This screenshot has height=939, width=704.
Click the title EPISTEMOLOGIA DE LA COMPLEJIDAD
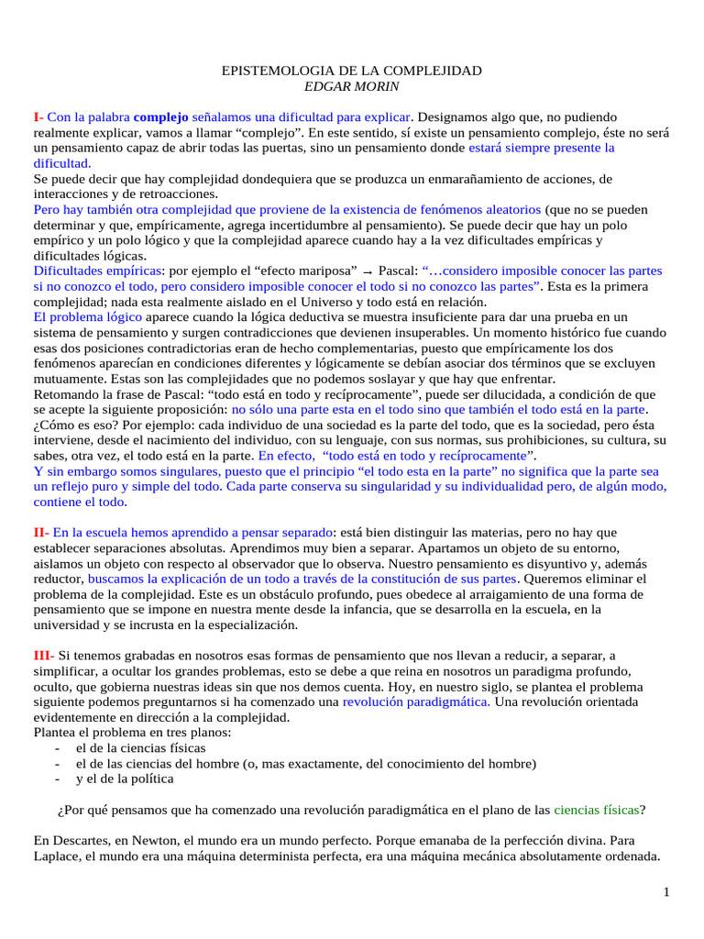[x=353, y=71]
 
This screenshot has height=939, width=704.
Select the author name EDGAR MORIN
[x=353, y=86]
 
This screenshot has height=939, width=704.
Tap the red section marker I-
[x=38, y=117]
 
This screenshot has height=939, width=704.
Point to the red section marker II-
[x=40, y=531]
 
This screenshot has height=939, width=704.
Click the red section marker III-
[x=43, y=655]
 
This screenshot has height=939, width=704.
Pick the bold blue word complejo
[x=160, y=117]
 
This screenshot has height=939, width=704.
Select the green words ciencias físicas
[x=596, y=810]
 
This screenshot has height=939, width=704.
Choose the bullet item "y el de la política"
[x=125, y=779]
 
